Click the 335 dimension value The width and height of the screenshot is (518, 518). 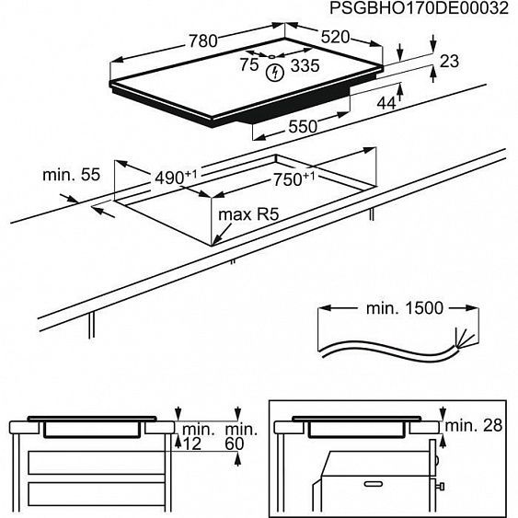click(x=305, y=66)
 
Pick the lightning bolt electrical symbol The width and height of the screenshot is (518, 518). click(x=274, y=73)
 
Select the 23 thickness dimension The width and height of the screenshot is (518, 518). click(x=448, y=62)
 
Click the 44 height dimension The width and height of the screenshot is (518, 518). click(x=386, y=103)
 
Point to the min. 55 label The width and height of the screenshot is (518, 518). click(x=71, y=173)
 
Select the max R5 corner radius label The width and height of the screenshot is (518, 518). click(x=249, y=215)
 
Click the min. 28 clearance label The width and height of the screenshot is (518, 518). click(x=476, y=426)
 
